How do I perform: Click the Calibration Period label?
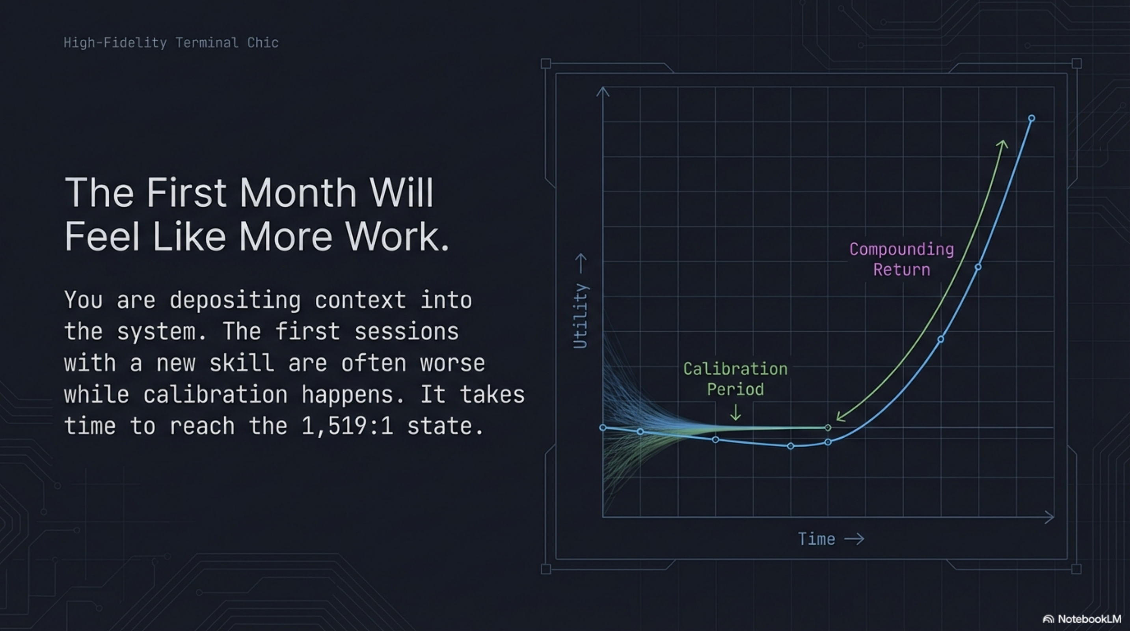(x=735, y=379)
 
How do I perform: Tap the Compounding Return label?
(x=901, y=259)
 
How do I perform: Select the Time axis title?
(x=816, y=539)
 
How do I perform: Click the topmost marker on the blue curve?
(x=1031, y=118)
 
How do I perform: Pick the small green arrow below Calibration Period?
(x=735, y=413)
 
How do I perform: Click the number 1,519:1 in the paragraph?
(x=347, y=426)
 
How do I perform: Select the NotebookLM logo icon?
(x=1048, y=619)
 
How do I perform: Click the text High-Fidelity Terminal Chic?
(x=171, y=43)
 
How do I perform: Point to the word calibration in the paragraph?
(x=215, y=394)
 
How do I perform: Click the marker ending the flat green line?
(x=828, y=428)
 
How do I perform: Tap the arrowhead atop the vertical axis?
(x=603, y=91)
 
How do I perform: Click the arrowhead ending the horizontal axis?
(x=1050, y=517)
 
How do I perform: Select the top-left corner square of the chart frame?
(x=546, y=64)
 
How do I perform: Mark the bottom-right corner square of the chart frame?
(x=1076, y=569)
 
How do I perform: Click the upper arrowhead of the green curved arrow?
(x=1002, y=144)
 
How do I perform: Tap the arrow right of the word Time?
(x=854, y=539)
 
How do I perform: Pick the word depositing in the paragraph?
(x=235, y=301)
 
